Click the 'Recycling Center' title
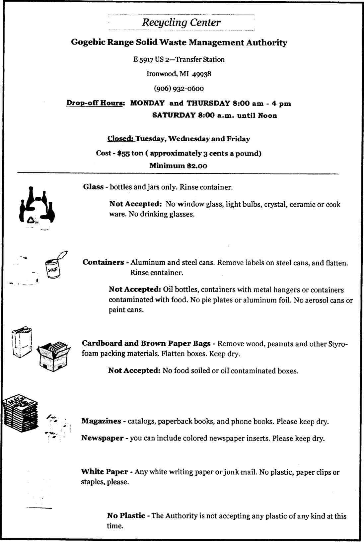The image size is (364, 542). pyautogui.click(x=181, y=23)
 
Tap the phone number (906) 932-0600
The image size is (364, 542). pyautogui.click(x=179, y=89)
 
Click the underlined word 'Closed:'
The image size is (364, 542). pyautogui.click(x=120, y=139)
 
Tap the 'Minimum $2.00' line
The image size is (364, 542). pyautogui.click(x=178, y=166)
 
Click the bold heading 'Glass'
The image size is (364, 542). pyautogui.click(x=93, y=187)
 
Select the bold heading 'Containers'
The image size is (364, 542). pyautogui.click(x=103, y=262)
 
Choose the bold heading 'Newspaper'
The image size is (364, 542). pyautogui.click(x=102, y=438)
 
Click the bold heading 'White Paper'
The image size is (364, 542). pyautogui.click(x=105, y=472)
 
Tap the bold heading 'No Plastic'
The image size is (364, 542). pyautogui.click(x=126, y=516)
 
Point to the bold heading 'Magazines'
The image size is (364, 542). pyautogui.click(x=101, y=421)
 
